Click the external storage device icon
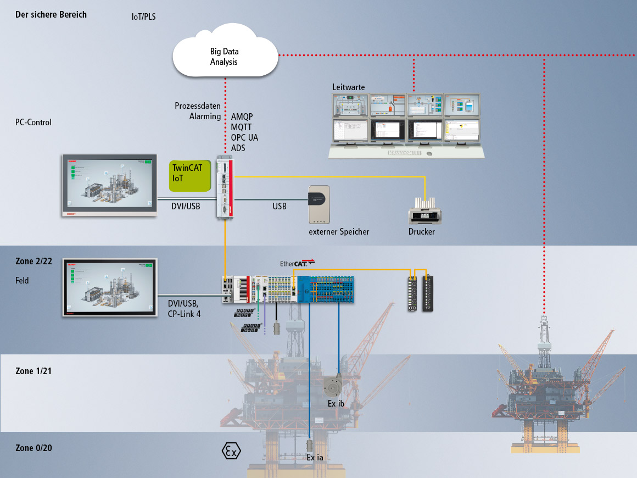pos(319,204)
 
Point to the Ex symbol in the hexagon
pos(231,451)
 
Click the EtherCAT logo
pos(297,263)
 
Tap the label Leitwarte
pos(348,87)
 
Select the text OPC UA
pos(244,137)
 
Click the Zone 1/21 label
pos(33,371)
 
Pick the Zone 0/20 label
pos(33,448)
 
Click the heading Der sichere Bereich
pos(51,15)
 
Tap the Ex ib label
pos(336,404)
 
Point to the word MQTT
pos(242,127)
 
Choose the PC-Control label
pos(33,122)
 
